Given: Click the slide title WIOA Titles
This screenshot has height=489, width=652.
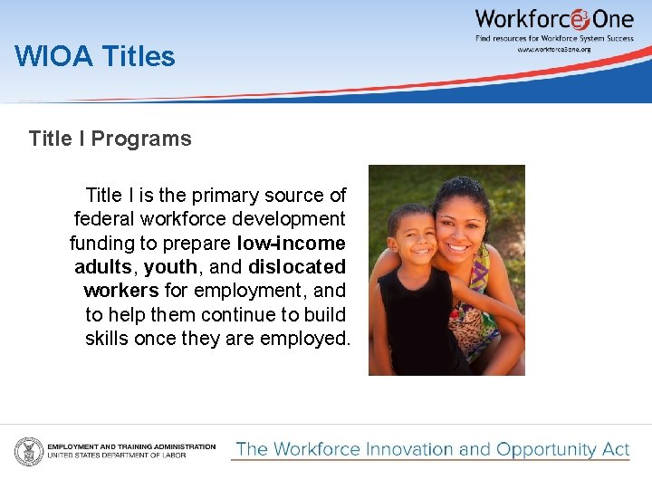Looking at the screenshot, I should [95, 57].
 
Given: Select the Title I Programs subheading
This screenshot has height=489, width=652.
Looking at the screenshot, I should [110, 139].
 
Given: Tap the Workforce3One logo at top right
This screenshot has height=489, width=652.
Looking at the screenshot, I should [553, 19].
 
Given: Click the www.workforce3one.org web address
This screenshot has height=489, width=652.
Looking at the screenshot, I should [553, 49].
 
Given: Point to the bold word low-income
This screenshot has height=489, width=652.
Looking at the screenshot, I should [291, 243].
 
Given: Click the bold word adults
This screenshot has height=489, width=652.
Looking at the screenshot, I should [103, 267].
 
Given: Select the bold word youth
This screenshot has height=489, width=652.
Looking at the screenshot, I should [170, 267].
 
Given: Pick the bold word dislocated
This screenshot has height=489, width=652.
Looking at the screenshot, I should [296, 267].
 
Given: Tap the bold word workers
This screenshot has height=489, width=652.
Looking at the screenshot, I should [121, 291].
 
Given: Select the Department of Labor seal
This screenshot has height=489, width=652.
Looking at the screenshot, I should [28, 451].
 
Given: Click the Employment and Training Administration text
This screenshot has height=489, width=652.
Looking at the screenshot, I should [131, 446].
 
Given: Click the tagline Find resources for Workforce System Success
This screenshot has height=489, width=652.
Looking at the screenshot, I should [553, 38].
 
